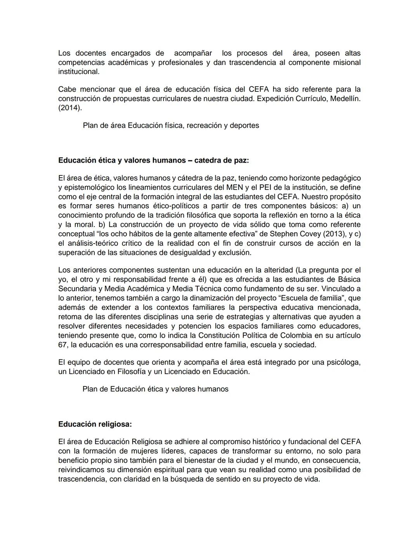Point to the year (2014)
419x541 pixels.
coord(70,108)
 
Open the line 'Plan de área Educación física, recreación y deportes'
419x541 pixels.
coord(171,125)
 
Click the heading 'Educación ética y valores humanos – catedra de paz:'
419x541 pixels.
coord(154,160)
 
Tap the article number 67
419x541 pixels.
coord(62,344)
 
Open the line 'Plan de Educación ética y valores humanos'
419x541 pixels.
coord(155,389)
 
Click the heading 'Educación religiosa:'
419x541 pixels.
coord(95,424)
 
